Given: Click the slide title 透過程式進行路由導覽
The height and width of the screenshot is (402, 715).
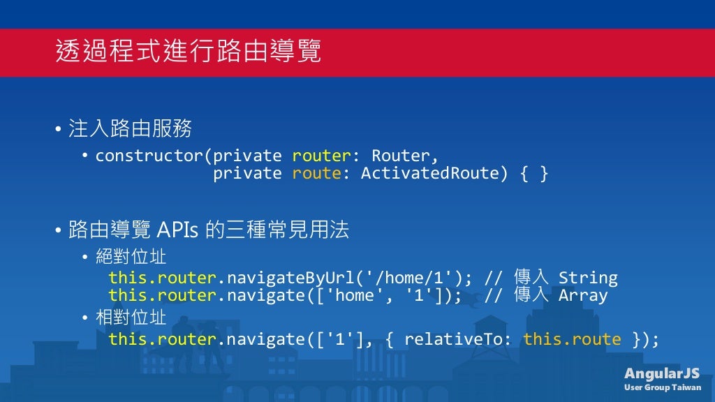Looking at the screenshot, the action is [189, 52].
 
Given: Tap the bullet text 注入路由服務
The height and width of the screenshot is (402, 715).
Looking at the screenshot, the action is [130, 129].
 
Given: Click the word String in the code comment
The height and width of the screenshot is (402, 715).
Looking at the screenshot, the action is [587, 278].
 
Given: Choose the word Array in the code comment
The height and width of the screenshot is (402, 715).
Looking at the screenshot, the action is [582, 295].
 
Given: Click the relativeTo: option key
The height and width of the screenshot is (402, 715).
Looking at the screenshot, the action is [457, 340].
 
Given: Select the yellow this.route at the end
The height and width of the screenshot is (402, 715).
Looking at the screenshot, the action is [572, 340].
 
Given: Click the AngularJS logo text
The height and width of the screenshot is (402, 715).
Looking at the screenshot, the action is [661, 373].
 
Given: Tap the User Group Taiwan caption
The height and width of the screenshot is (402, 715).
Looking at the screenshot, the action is [662, 387].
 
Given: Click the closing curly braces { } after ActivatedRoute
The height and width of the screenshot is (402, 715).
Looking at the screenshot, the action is [534, 173].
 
